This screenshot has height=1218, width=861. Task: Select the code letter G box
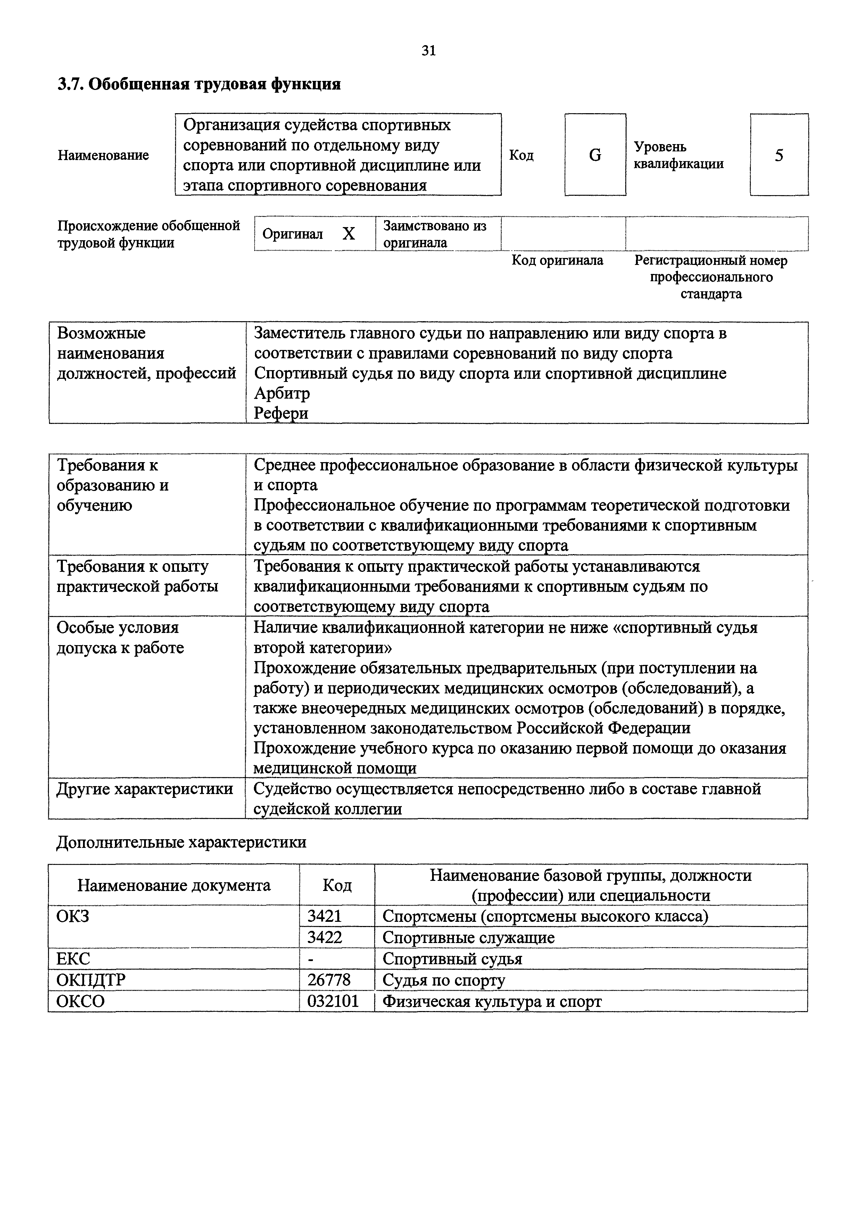tap(595, 155)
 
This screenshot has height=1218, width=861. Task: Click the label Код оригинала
tap(557, 260)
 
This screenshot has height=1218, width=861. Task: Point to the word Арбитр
tap(282, 393)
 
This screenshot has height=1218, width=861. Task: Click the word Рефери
tap(281, 413)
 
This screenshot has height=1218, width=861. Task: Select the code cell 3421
tap(325, 916)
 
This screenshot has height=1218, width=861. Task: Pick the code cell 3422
tap(325, 937)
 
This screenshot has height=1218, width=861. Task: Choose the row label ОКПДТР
tap(91, 980)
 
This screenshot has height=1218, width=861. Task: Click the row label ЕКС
tap(73, 959)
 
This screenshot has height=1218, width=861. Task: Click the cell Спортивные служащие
tap(468, 937)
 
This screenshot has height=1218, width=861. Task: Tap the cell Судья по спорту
tap(444, 980)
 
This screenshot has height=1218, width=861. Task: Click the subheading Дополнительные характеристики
tap(181, 842)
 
